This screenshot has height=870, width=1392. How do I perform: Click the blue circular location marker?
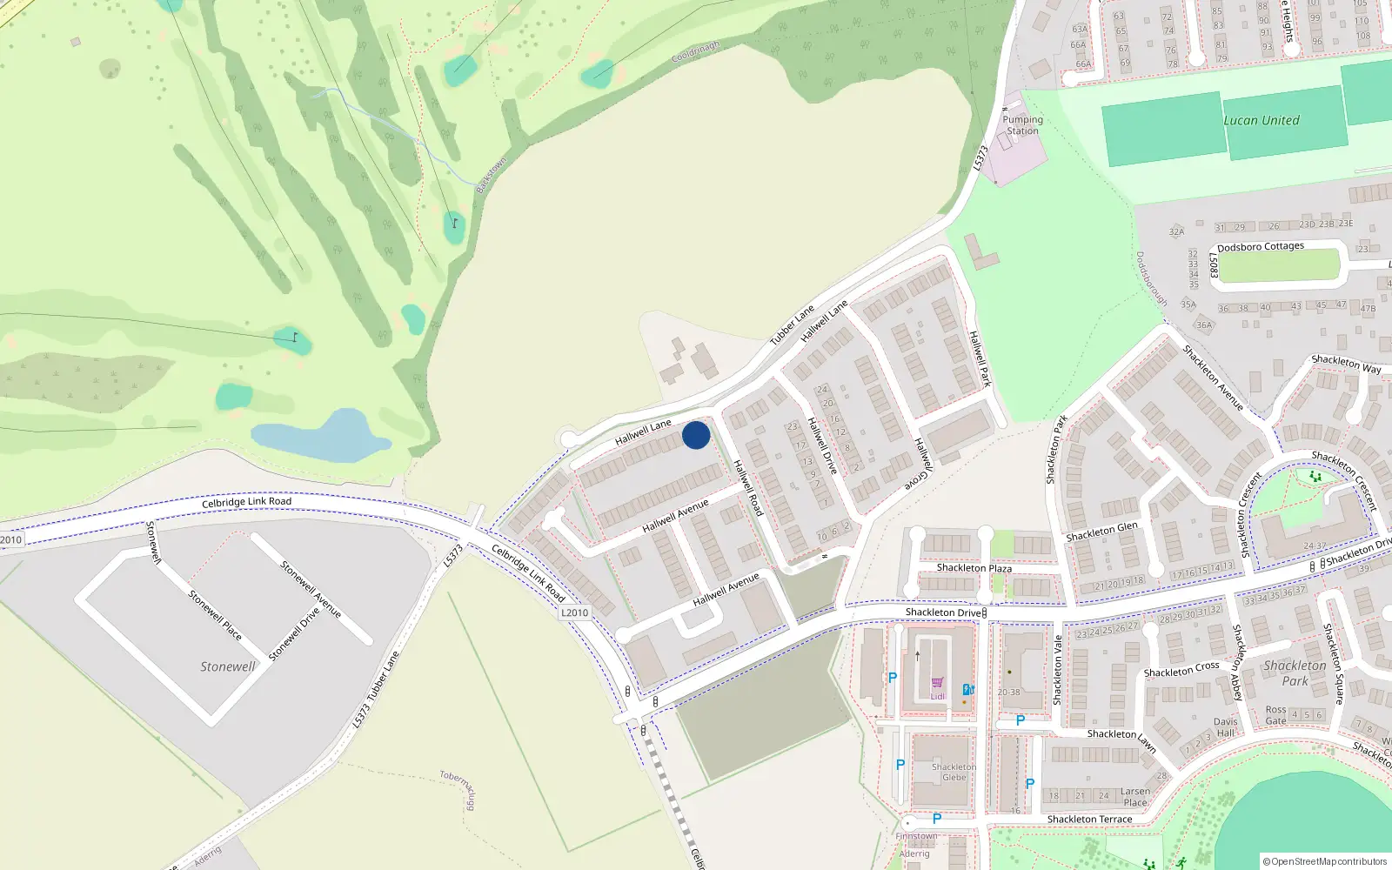[696, 435]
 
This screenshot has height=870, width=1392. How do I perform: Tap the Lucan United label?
[1261, 121]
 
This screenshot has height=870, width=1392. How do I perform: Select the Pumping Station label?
[1022, 125]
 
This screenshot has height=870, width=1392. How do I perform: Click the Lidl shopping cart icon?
[937, 683]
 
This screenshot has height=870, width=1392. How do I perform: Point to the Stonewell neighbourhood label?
[228, 666]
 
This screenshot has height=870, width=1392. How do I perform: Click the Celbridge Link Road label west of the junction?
[246, 502]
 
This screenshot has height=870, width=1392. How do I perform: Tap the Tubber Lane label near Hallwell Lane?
[792, 325]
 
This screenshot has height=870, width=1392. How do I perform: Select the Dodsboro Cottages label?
[1261, 247]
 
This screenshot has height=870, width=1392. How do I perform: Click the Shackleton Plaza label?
[974, 568]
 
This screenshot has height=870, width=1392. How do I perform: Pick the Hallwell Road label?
[748, 488]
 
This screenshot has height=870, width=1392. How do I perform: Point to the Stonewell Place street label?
[215, 615]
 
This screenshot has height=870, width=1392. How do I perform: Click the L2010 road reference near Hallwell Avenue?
[574, 612]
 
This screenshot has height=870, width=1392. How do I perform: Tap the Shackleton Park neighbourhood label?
[1295, 673]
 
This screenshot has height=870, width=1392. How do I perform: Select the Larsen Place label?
[1135, 797]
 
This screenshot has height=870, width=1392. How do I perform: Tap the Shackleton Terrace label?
[1089, 820]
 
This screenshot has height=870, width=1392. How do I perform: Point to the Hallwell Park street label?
[980, 358]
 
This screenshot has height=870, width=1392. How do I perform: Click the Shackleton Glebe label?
[954, 773]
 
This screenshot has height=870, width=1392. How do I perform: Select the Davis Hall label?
[1225, 727]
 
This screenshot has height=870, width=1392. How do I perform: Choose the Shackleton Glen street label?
[1101, 532]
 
